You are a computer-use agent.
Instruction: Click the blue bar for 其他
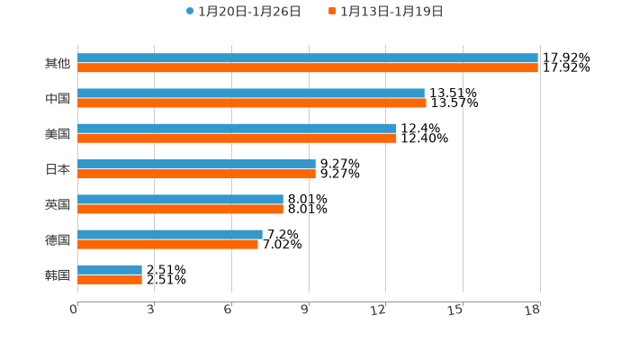pyautogui.click(x=308, y=58)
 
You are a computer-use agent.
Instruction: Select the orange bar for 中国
pyautogui.click(x=252, y=103)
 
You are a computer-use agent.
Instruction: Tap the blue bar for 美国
pyautogui.click(x=237, y=128)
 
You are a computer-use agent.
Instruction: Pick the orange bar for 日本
pyautogui.click(x=196, y=174)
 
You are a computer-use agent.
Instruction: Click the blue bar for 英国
pyautogui.click(x=180, y=199)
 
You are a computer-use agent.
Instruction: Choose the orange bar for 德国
pyautogui.click(x=167, y=244)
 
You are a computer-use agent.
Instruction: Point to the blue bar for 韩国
pyautogui.click(x=110, y=269)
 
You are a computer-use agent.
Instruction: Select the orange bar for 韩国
pyautogui.click(x=110, y=279)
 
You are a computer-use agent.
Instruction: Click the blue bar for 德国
pyautogui.click(x=170, y=234)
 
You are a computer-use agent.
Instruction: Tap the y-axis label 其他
pyautogui.click(x=58, y=63)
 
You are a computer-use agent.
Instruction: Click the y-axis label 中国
pyautogui.click(x=58, y=98)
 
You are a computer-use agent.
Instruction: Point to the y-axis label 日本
pyautogui.click(x=58, y=169)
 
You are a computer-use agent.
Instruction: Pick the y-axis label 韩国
pyautogui.click(x=58, y=274)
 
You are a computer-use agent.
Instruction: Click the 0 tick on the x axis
pyautogui.click(x=74, y=310)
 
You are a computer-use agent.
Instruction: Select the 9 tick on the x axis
pyautogui.click(x=305, y=310)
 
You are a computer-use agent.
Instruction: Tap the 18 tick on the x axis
pyautogui.click(x=533, y=310)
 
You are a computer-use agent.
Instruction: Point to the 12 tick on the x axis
pyautogui.click(x=378, y=310)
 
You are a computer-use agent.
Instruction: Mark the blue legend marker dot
pyautogui.click(x=190, y=11)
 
